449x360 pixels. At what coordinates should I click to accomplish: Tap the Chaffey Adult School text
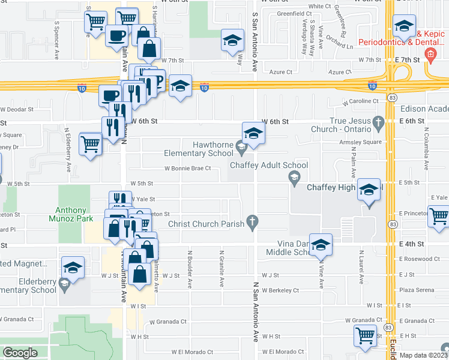[x=270, y=165]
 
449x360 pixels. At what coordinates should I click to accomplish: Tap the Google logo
[x=19, y=353]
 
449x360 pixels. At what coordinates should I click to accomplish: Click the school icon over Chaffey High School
[x=369, y=190]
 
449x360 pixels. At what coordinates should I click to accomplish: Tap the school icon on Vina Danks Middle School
[x=322, y=245]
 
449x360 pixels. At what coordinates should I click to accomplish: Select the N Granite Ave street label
[x=222, y=263]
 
